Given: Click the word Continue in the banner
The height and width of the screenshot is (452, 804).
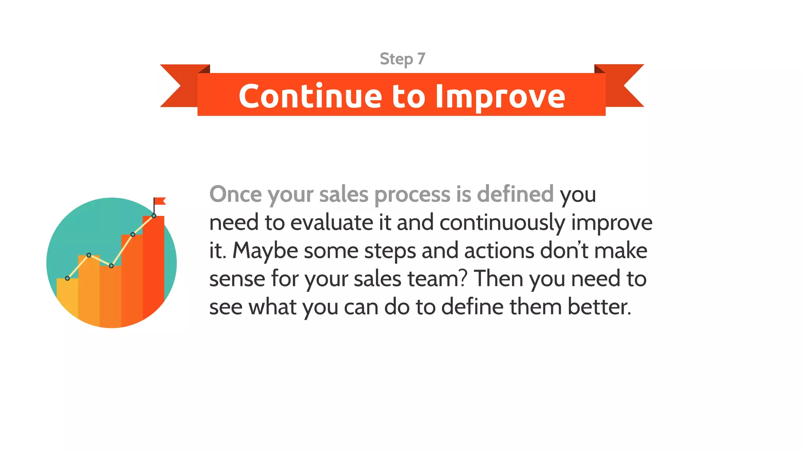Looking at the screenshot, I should point(310,96).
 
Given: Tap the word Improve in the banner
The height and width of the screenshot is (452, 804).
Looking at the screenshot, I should point(500,97).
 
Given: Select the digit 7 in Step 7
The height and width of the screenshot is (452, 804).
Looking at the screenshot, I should point(421,59).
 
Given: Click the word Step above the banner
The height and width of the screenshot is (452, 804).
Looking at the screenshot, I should point(396,59).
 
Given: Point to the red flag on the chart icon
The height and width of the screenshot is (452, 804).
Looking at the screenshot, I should point(160,201).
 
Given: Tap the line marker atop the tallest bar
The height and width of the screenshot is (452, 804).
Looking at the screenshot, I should point(154,216).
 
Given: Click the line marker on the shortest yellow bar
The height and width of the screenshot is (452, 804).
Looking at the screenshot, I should point(68,278).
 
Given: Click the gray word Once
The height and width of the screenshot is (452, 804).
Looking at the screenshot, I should point(235,194).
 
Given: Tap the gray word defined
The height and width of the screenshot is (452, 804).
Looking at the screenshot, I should point(515,194).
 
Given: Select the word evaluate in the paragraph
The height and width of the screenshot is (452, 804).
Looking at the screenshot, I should point(332,222).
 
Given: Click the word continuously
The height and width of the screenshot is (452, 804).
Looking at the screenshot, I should point(502,222).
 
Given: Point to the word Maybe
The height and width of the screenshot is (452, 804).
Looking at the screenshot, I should point(265,251).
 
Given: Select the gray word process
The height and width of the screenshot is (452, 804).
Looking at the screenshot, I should point(412,195).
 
